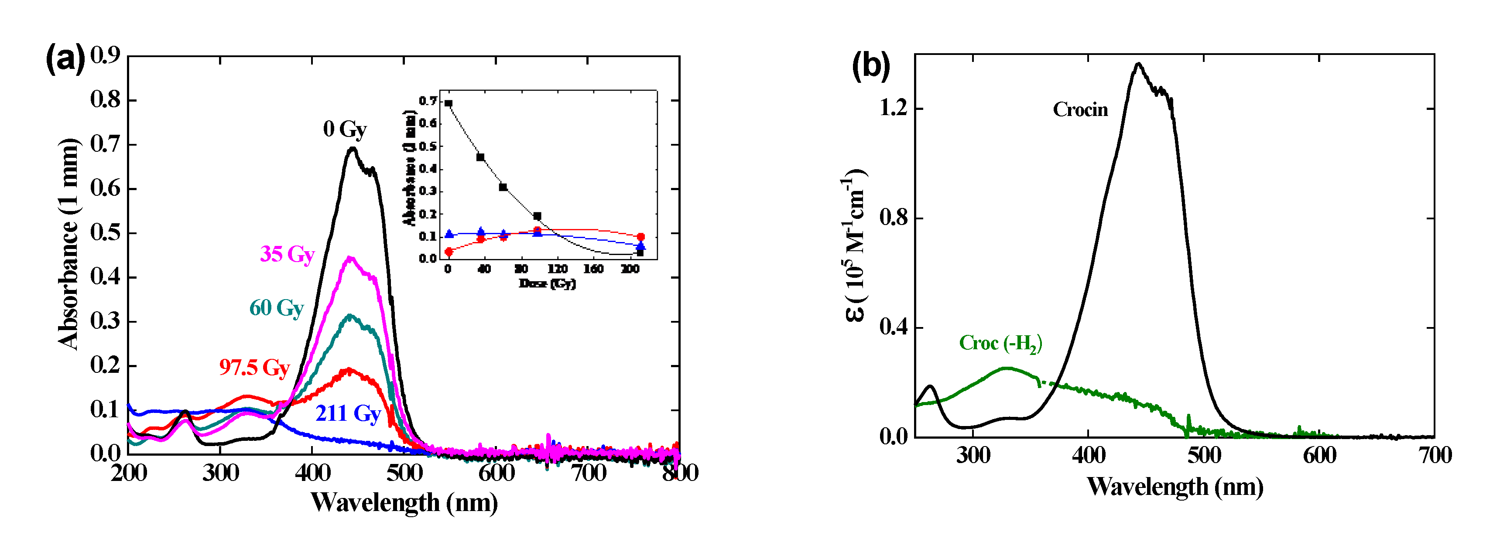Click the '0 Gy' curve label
click(x=345, y=129)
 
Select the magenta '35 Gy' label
click(x=287, y=254)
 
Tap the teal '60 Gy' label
click(x=277, y=308)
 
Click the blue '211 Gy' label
click(x=348, y=413)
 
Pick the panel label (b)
click(x=870, y=65)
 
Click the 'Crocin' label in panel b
click(x=1080, y=109)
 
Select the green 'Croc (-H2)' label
click(x=1000, y=344)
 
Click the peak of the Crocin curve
click(x=1138, y=64)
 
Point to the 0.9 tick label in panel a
click(x=105, y=55)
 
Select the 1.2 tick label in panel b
click(x=893, y=108)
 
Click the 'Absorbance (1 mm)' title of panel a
click(x=68, y=245)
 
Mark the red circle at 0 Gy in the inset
click(x=449, y=252)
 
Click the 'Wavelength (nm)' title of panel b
click(x=1175, y=487)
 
